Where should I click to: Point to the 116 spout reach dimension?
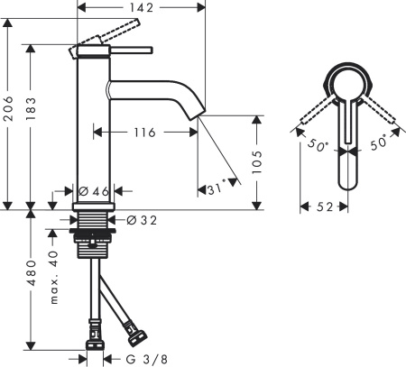tap(141, 132)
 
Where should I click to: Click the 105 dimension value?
tap(256, 160)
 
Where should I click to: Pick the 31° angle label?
tap(215, 190)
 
